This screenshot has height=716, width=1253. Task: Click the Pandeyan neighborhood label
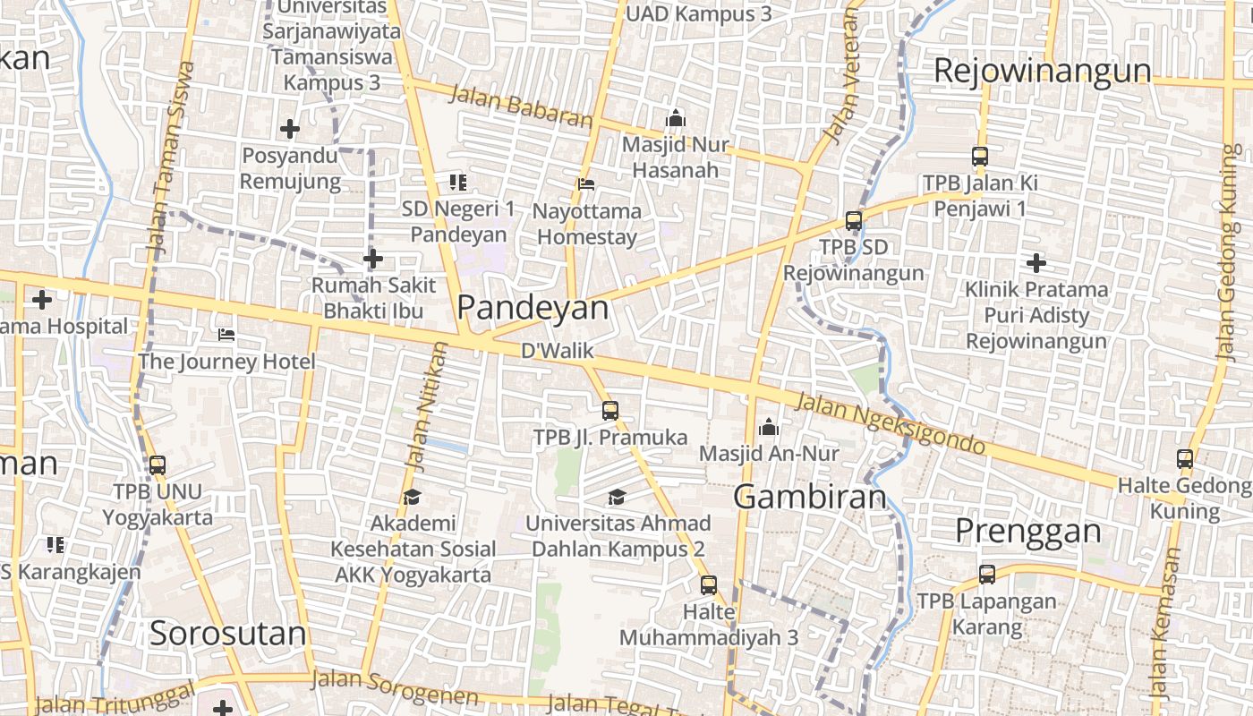[x=533, y=307]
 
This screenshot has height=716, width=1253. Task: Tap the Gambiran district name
[x=810, y=497]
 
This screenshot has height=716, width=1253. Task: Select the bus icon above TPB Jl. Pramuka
[x=610, y=411]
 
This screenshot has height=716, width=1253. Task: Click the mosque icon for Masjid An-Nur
[x=769, y=428]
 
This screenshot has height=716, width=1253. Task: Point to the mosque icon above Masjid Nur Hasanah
[x=675, y=118]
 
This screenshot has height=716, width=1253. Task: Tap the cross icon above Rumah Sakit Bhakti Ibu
[x=373, y=260]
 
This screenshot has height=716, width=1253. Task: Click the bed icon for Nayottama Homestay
[x=586, y=184]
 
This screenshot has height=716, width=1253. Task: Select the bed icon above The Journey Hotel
[x=226, y=335]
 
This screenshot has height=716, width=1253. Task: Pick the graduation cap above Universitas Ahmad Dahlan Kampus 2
[x=617, y=497]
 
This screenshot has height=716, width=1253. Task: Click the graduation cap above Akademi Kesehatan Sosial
[x=412, y=497]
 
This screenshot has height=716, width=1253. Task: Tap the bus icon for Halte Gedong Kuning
[x=1185, y=459]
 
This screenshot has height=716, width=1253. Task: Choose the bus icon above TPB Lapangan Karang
[x=987, y=575]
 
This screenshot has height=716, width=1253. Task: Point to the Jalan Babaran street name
[x=520, y=106]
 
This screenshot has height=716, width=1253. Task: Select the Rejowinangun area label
[x=1042, y=71]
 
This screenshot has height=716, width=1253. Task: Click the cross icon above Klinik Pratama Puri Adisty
[x=1036, y=263]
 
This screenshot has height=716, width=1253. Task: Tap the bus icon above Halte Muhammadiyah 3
[x=709, y=585]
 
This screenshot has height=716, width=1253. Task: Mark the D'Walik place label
[x=558, y=350]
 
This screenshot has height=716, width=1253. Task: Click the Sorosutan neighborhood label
[x=227, y=634]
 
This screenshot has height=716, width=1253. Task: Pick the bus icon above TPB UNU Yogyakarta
[x=158, y=465]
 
